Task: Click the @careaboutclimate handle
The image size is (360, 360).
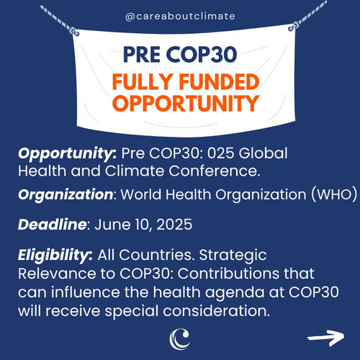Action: click(x=180, y=17)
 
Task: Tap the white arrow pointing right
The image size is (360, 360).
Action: click(x=326, y=338)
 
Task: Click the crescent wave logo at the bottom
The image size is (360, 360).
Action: click(x=180, y=338)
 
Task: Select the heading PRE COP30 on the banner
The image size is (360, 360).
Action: click(x=180, y=55)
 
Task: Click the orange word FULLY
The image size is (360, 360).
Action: click(x=142, y=81)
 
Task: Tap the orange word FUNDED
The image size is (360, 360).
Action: click(x=219, y=81)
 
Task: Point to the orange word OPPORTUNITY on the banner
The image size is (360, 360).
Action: click(x=186, y=103)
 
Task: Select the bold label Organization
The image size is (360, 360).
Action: click(x=66, y=194)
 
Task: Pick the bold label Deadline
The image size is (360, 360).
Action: click(x=52, y=225)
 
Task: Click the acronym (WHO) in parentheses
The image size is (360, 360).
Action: click(x=334, y=194)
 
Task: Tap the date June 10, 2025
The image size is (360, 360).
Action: click(x=143, y=225)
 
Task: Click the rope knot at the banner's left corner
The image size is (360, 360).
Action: click(x=74, y=32)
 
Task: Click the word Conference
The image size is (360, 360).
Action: click(x=215, y=171)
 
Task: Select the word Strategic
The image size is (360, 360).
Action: click(x=233, y=256)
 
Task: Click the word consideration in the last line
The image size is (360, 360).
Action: click(x=217, y=311)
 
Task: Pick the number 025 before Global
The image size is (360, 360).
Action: click(x=220, y=153)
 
